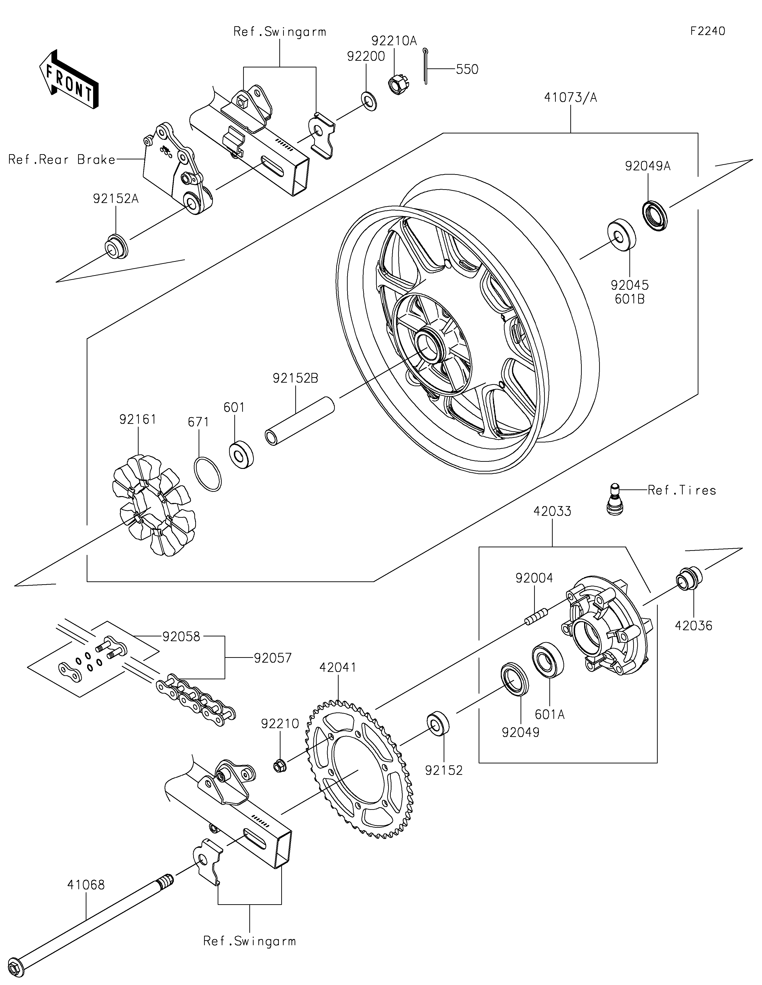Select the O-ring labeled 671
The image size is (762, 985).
pos(208,474)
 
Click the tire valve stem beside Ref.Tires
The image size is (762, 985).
pos(613,499)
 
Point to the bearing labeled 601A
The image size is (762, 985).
pos(548,660)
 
